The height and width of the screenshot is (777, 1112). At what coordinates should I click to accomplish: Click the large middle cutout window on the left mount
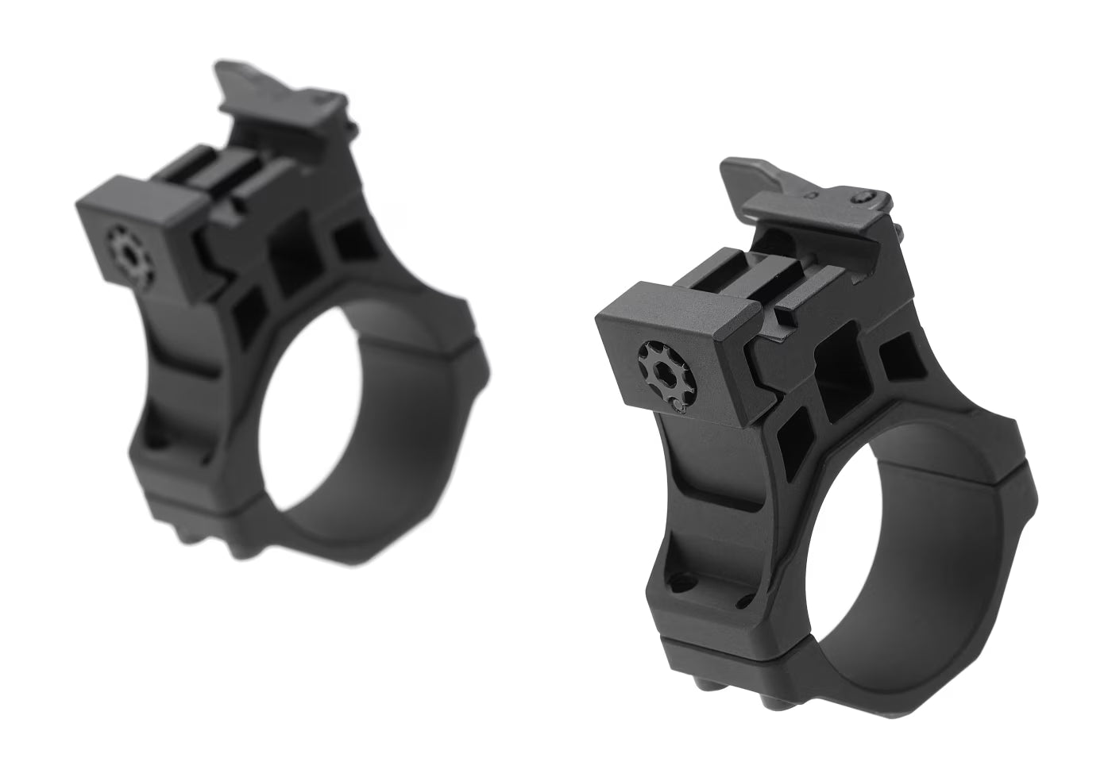coord(293,255)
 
